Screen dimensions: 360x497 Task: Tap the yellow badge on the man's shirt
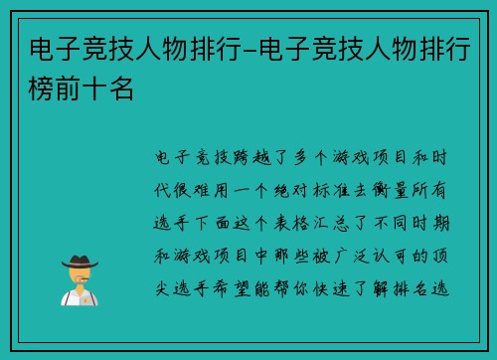click(x=84, y=297)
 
